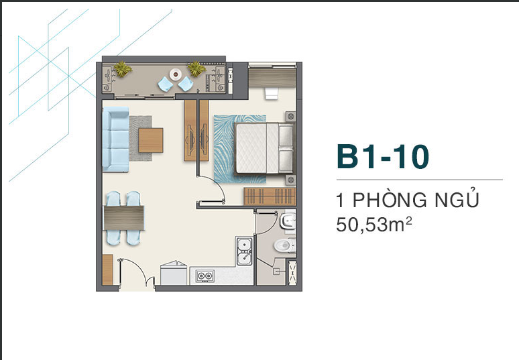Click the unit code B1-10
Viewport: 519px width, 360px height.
point(383,156)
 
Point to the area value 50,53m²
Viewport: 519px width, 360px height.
point(374,224)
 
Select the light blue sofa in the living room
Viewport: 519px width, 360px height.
point(115,139)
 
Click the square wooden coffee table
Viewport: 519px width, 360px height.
point(151,140)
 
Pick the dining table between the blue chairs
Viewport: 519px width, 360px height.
point(124,218)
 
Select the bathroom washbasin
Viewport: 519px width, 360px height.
point(288,221)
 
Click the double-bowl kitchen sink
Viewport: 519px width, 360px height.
point(244,251)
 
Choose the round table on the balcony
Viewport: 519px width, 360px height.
point(176,74)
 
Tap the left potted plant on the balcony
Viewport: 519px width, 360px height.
point(123,69)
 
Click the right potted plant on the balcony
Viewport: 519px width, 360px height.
point(196,69)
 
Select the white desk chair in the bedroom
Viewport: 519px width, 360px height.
point(271,93)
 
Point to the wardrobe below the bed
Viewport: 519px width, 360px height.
point(270,196)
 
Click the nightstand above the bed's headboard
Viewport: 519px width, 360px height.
point(290,117)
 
